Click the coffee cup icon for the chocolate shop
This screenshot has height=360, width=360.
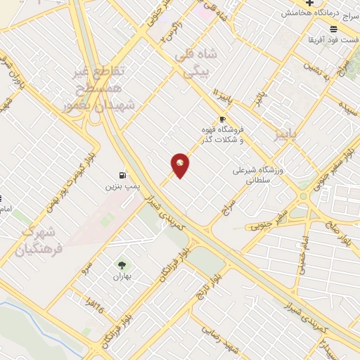[222, 120]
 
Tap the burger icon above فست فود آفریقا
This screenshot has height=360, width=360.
[333, 29]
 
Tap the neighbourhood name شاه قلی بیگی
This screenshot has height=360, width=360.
[201, 63]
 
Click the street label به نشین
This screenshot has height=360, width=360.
[314, 68]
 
